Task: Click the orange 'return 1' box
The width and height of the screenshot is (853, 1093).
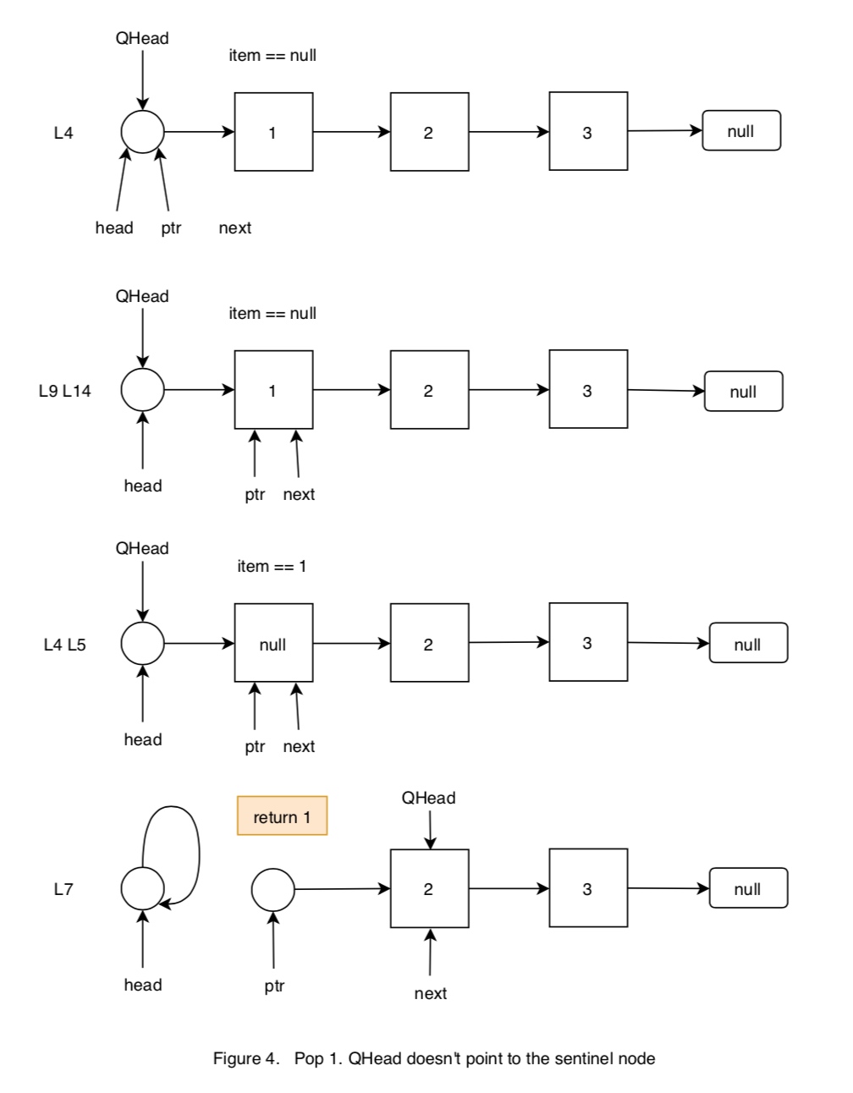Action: coord(282,816)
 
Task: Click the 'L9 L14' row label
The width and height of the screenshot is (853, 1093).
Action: coord(65,391)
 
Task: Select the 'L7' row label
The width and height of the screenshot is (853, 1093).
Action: coord(63,889)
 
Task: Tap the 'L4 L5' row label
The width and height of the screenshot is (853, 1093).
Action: coord(65,645)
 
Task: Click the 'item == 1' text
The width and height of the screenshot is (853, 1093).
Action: coord(272,566)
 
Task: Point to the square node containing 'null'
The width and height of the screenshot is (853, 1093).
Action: coord(273,643)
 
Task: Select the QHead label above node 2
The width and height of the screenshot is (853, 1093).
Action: coord(428,798)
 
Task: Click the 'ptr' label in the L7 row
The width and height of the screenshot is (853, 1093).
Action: coord(274,986)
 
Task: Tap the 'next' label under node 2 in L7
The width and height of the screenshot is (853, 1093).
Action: coord(430,993)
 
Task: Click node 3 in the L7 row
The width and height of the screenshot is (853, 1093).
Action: coord(588,888)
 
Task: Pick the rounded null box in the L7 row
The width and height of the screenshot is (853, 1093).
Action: coord(748,888)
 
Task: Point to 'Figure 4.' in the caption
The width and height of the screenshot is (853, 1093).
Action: coord(246,1058)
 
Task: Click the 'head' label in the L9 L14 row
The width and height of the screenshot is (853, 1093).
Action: coord(142,486)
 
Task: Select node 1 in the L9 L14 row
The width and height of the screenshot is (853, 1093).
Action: coord(273,390)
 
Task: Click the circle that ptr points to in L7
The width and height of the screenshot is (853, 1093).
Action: coord(272,889)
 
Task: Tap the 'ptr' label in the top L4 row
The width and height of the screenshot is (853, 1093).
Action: coord(171,228)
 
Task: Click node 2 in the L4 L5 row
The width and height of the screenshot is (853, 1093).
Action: coord(429,643)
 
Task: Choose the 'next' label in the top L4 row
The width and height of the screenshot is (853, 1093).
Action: coord(234,228)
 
